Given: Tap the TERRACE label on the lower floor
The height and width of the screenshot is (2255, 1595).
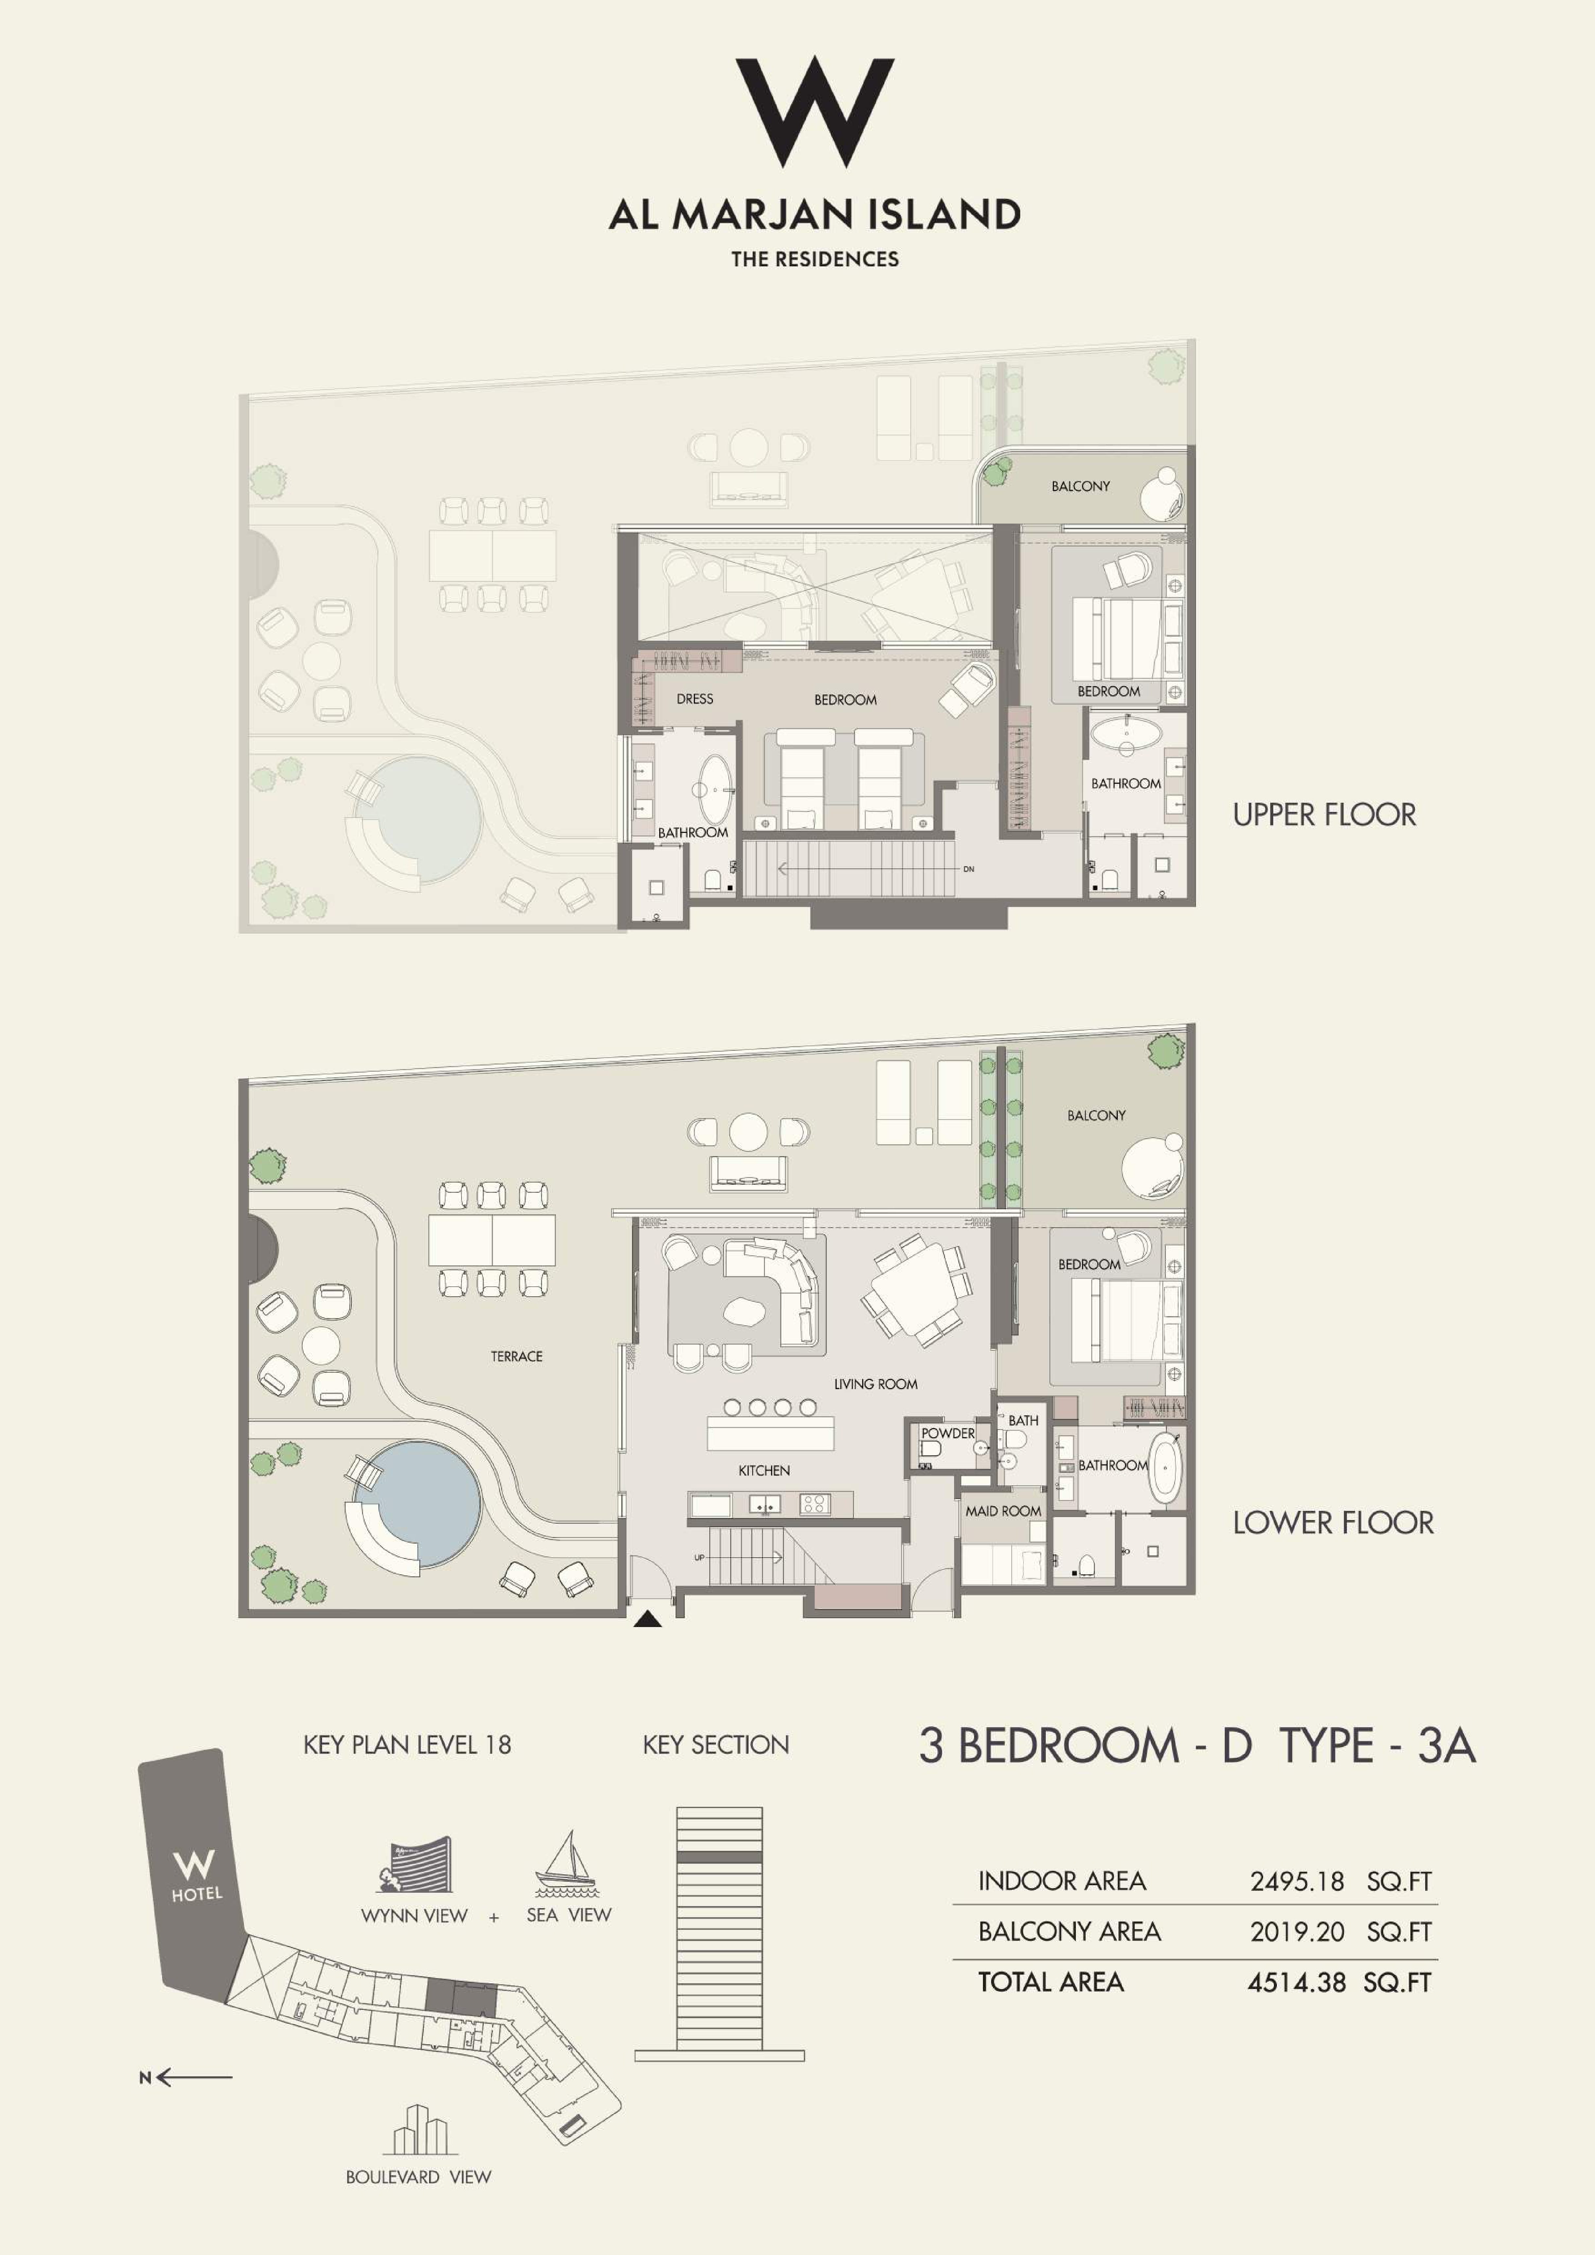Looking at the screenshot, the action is coord(517,1356).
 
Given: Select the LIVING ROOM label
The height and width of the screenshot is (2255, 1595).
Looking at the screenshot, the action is coord(875,1384).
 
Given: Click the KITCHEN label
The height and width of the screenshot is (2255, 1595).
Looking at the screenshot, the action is coord(764,1470).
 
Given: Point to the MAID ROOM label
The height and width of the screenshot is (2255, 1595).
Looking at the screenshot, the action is coord(1003,1511).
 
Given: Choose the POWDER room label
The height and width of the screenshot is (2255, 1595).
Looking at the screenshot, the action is coord(948,1433).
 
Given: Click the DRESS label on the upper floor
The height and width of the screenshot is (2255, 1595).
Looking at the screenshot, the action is coord(694,698).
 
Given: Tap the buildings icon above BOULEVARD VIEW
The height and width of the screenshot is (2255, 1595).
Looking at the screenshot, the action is coord(419,2129).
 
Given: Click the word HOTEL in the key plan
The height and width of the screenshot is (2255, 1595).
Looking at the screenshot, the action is coord(197,1894).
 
